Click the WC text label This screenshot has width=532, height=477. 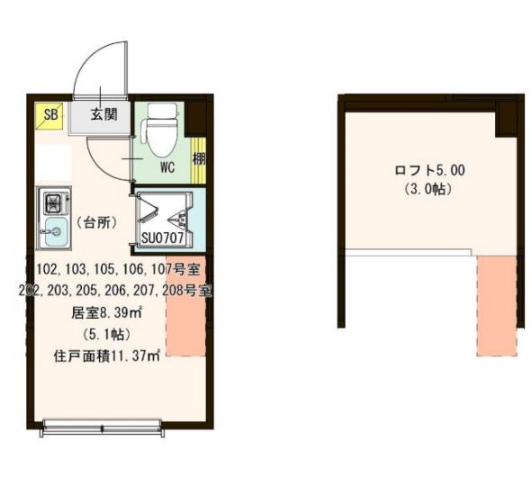(x=167, y=167)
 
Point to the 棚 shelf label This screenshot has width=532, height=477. (x=197, y=159)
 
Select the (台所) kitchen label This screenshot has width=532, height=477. (x=95, y=221)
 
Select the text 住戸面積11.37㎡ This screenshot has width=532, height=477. (x=106, y=355)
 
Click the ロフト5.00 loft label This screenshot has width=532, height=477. (x=429, y=169)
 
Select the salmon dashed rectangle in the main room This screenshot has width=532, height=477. (x=185, y=306)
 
